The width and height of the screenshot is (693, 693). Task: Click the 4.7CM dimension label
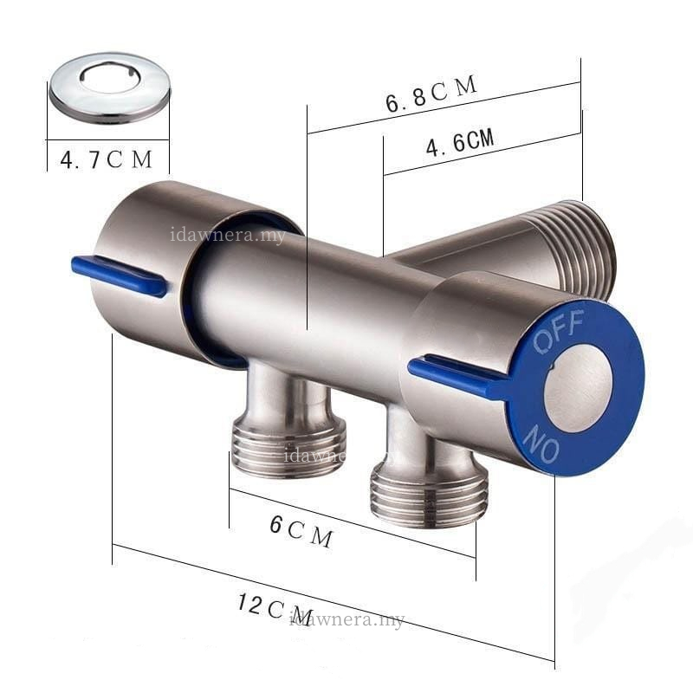[x=106, y=160]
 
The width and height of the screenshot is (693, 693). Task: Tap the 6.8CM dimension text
[x=431, y=94]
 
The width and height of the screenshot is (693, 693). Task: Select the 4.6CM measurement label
[x=460, y=142]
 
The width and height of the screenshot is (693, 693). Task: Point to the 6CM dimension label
[x=301, y=531]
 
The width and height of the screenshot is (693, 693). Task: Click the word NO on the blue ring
[x=541, y=444]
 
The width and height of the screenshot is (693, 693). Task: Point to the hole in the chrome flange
[x=110, y=79]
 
